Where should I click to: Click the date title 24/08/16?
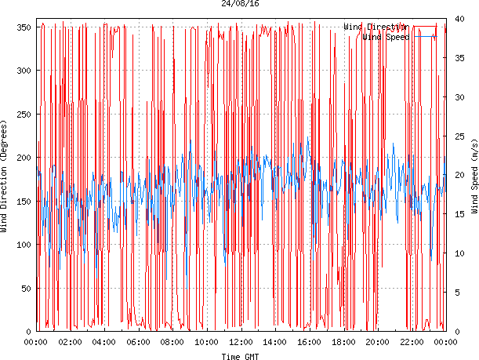(x=241, y=4)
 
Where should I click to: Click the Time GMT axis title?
(x=241, y=356)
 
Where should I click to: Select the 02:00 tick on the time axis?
(x=71, y=342)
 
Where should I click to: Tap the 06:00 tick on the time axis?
(x=139, y=342)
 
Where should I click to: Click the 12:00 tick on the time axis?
(x=241, y=342)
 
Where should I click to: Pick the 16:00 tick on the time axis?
(x=309, y=342)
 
